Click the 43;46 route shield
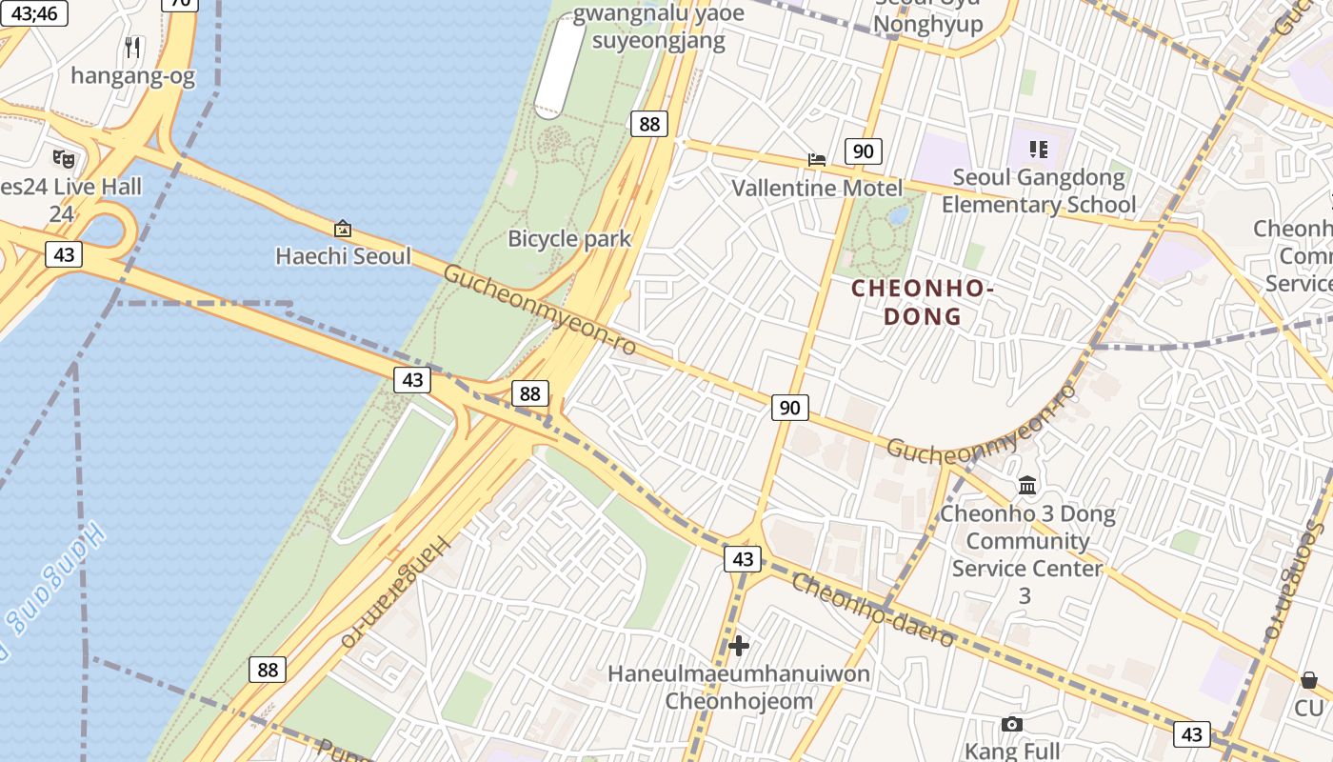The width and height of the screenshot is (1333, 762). click(33, 13)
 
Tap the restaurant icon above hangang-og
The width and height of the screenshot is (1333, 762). click(133, 47)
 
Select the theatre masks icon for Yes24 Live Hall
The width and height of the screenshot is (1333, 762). click(64, 158)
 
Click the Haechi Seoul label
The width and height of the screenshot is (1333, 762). click(343, 256)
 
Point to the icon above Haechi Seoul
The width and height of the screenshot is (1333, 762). click(343, 229)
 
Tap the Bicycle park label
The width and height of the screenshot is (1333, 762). click(569, 238)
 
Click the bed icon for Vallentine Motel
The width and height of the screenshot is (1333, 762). click(817, 159)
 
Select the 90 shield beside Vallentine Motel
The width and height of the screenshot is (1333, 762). click(863, 151)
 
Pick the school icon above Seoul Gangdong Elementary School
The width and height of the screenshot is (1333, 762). click(1038, 150)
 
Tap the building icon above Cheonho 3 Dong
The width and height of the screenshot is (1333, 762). click(1027, 487)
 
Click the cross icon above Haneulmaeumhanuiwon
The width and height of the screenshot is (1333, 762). click(739, 646)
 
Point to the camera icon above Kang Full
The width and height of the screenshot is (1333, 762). click(1012, 725)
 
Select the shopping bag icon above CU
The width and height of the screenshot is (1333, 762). click(1309, 680)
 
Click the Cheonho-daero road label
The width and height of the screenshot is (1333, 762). click(872, 612)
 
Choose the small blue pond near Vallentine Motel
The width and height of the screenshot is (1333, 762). click(898, 215)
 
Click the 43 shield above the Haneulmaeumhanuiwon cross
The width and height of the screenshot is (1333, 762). click(743, 559)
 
